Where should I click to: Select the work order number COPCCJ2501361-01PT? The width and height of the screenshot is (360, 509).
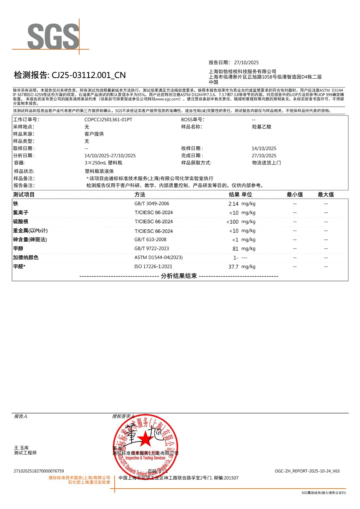[x=108, y=120]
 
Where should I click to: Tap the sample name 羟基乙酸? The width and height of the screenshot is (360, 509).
[x=261, y=127]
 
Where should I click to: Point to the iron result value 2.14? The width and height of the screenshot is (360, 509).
[x=233, y=204]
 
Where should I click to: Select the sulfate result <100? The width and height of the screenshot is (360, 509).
[x=232, y=222]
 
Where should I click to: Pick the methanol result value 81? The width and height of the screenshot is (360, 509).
[x=235, y=249]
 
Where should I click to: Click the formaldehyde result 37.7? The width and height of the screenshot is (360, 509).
[x=233, y=267]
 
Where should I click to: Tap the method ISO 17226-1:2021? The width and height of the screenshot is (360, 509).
[x=153, y=267]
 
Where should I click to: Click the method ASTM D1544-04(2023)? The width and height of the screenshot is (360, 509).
[x=158, y=257]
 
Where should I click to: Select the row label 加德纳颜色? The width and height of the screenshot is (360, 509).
[x=26, y=257]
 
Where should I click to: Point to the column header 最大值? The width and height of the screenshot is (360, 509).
[x=326, y=194]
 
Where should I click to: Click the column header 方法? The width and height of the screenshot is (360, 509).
[x=140, y=194]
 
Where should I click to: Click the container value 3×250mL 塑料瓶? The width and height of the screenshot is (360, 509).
[x=103, y=163]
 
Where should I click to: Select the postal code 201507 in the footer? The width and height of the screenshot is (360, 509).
[x=231, y=478]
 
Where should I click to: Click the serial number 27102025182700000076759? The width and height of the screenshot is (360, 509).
[x=39, y=471]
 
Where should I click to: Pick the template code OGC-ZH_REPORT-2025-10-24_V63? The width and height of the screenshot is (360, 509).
[x=307, y=471]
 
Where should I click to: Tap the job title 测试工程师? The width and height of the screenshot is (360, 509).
[x=25, y=453]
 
